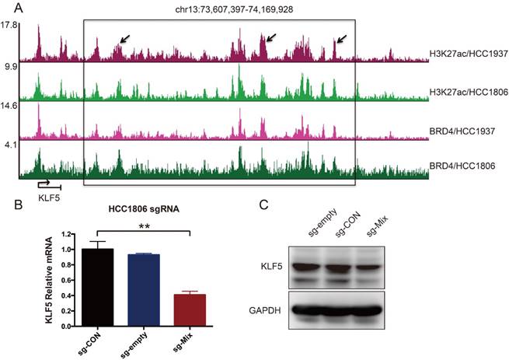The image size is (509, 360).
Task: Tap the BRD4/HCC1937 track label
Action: (464, 131)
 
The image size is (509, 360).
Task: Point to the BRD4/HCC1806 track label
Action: (464, 166)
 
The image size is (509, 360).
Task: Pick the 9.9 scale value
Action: (9, 68)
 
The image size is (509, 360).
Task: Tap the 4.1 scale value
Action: (9, 145)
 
